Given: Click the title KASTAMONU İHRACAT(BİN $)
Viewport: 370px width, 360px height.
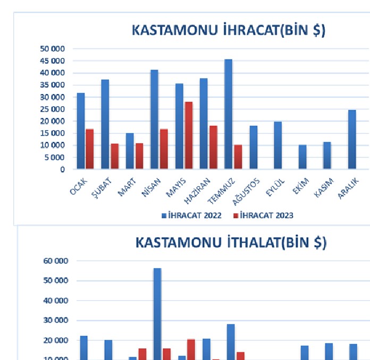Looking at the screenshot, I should tap(228, 30).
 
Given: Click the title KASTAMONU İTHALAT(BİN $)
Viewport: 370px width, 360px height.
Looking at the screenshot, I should tap(231, 242).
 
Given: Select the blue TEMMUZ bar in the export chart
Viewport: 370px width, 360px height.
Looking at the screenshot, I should tap(228, 114).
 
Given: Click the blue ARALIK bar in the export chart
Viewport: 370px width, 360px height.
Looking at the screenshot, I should tap(351, 139).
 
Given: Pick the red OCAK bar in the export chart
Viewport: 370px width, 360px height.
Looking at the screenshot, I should tap(89, 149).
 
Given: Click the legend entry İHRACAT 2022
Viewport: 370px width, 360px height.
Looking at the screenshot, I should tap(191, 215).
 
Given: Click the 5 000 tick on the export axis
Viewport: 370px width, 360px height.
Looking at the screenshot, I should tap(54, 157).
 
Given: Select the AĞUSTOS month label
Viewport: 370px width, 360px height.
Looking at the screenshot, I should tap(246, 191).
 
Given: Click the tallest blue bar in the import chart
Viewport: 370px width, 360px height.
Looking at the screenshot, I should tap(157, 314).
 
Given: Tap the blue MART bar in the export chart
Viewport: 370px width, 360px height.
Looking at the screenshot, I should tap(130, 151).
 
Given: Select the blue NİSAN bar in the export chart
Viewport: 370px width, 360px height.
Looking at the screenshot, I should tap(154, 120).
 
